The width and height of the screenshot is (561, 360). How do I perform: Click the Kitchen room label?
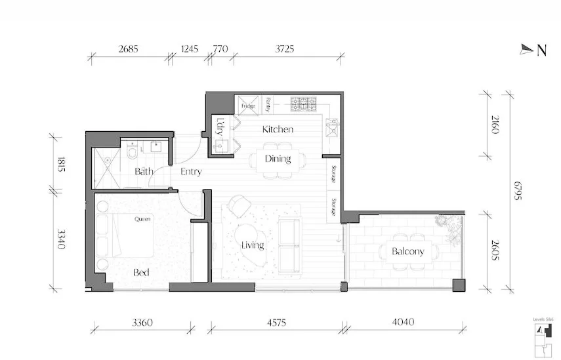point(278,129)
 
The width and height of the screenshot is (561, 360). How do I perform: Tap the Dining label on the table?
point(278,159)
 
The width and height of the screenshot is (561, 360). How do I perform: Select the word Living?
point(252,245)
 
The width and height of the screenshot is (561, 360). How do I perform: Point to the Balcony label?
point(407,251)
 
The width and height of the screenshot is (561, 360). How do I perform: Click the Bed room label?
point(141,272)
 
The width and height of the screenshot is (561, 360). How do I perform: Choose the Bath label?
point(144,172)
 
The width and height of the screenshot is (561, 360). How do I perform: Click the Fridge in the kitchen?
point(248,105)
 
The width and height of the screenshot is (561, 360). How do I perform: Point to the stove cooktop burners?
point(303,104)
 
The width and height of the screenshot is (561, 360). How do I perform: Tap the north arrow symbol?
point(527,49)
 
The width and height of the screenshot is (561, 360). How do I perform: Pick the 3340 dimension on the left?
point(61,240)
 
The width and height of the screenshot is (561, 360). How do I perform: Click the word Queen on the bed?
point(142,219)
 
